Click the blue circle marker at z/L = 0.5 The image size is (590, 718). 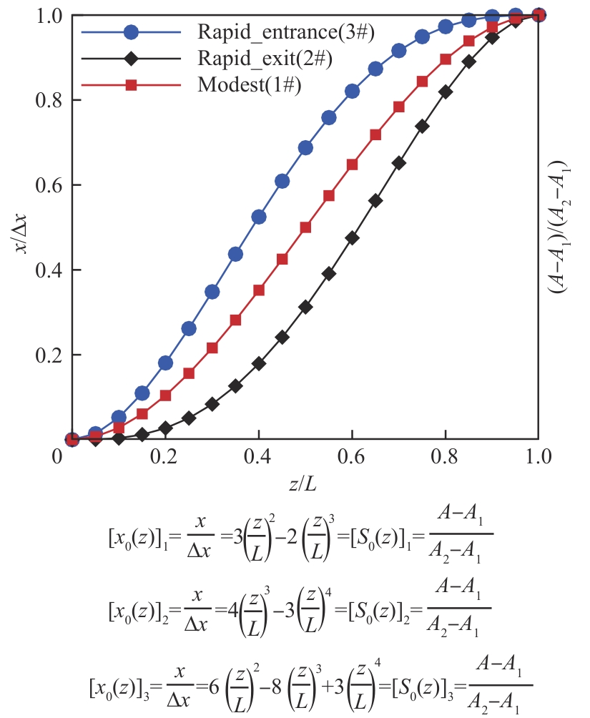pyautogui.click(x=305, y=148)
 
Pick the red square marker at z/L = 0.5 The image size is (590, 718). pyautogui.click(x=305, y=227)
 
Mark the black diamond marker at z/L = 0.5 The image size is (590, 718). pyautogui.click(x=305, y=307)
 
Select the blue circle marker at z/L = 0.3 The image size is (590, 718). pyautogui.click(x=212, y=292)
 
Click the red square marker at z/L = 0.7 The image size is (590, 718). pyautogui.click(x=399, y=107)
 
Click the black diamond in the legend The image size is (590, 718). pyautogui.click(x=132, y=59)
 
